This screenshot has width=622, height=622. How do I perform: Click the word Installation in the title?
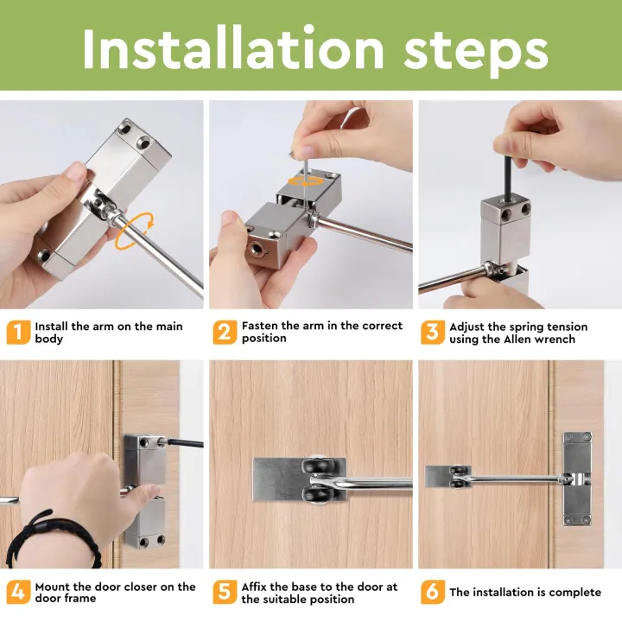coord(233,48)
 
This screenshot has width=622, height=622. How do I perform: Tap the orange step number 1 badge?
coord(18,332)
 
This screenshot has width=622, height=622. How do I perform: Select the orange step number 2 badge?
coord(225,332)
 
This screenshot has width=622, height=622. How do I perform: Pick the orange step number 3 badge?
coord(433,332)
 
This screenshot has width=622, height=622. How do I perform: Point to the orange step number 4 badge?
coord(18,592)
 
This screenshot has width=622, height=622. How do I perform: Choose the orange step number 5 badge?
coord(225,592)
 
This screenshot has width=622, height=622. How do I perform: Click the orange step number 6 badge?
coord(433,592)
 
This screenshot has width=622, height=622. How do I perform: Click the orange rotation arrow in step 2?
coord(306,182)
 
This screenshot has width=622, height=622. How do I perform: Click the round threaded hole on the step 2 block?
coord(255,249)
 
